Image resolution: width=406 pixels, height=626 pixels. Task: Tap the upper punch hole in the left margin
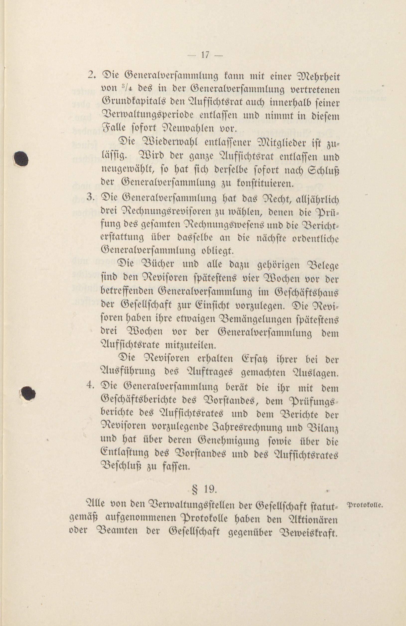21,158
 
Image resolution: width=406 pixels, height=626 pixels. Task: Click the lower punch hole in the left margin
28,393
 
